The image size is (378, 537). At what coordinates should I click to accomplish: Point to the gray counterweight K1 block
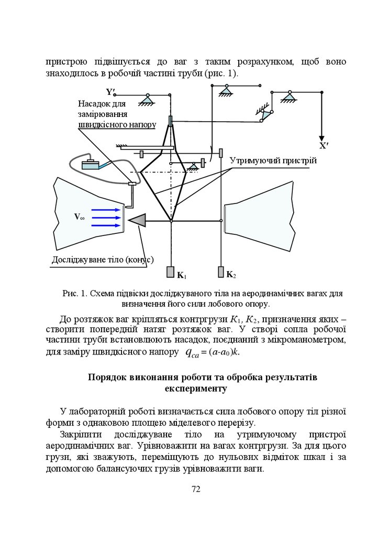pyautogui.click(x=171, y=273)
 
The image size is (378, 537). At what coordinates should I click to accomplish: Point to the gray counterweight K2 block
pyautogui.click(x=220, y=273)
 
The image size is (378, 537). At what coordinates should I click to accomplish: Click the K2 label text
pyautogui.click(x=231, y=274)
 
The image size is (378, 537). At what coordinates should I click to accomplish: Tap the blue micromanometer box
pyautogui.click(x=92, y=164)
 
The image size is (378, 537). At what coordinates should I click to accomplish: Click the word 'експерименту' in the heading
pyautogui.click(x=196, y=389)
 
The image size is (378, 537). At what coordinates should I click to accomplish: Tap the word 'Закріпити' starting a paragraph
pyautogui.click(x=79, y=436)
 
